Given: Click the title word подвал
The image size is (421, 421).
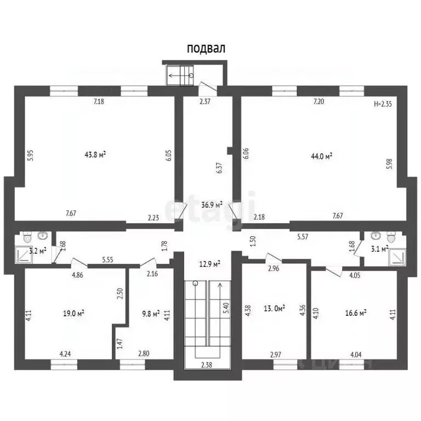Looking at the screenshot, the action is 206,49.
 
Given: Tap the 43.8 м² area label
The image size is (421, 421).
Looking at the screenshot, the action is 95,155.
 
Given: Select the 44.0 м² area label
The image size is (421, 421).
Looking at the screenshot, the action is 322,156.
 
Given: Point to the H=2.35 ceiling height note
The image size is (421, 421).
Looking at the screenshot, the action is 383,104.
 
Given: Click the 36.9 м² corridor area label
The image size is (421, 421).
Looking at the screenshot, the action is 212,205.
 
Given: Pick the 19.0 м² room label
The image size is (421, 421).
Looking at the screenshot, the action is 74,314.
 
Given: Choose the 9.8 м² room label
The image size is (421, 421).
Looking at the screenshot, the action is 151,314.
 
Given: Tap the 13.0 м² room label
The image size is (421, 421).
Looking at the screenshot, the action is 275,308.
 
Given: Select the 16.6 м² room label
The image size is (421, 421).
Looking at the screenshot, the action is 356,313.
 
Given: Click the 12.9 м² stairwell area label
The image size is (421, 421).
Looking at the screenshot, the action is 210,264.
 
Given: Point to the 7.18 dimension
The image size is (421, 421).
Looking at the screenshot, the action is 99,101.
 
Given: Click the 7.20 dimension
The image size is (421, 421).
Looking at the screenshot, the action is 318,101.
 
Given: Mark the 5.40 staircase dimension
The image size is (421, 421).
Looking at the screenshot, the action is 227,308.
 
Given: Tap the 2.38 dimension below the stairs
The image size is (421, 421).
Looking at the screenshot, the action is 207,365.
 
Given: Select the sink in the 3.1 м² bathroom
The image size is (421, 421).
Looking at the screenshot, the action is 376,236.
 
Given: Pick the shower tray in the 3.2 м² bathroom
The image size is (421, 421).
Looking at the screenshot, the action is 24,254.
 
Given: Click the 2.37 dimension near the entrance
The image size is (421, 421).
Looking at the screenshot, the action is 205,101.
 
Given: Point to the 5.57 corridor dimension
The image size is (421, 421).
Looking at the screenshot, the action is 303,237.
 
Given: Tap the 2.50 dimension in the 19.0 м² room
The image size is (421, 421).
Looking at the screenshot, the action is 120,293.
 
